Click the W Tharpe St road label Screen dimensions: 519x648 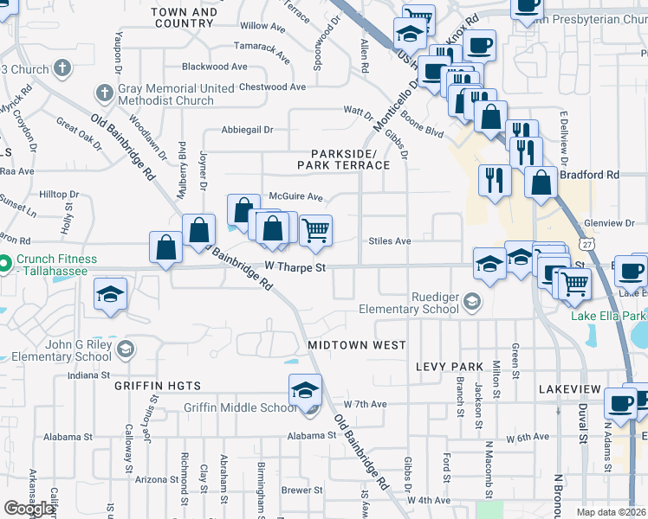[295, 268]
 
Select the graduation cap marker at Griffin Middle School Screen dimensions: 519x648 [305, 391]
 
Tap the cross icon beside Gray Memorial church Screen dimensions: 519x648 [103, 92]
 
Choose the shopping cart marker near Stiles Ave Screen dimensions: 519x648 [315, 230]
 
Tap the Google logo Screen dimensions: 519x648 [29, 509]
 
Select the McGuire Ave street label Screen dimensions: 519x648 [295, 197]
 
